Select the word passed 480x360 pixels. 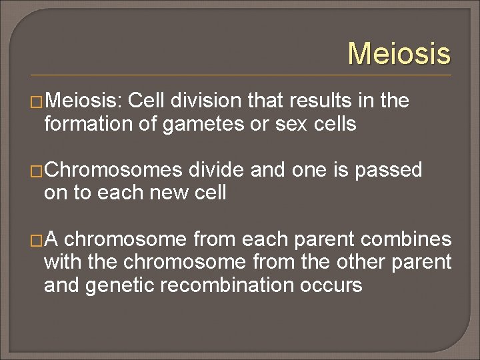click(389, 170)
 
